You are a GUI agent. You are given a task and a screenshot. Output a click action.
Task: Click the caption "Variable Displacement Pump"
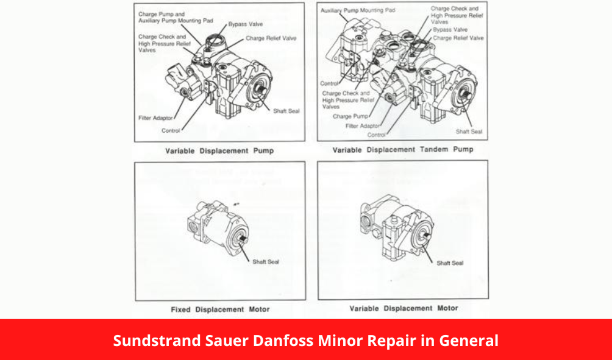[219, 150]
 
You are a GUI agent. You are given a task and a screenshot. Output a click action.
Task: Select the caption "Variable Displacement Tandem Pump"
[402, 149]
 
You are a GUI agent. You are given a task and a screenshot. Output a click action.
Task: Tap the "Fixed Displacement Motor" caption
[220, 309]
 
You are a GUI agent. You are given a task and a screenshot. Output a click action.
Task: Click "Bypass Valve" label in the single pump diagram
[246, 25]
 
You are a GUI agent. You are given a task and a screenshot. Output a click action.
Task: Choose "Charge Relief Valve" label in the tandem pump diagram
[458, 38]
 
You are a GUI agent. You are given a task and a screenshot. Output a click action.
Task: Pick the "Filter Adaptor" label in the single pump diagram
[155, 118]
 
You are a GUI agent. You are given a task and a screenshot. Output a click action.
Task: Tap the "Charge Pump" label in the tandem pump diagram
[351, 116]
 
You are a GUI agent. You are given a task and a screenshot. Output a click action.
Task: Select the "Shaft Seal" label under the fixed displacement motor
[266, 262]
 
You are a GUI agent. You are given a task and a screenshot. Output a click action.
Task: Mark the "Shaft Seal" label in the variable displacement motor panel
[450, 263]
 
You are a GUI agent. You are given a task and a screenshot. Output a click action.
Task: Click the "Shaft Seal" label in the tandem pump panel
[469, 132]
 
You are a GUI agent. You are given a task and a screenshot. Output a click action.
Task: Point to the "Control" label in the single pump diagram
[171, 130]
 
